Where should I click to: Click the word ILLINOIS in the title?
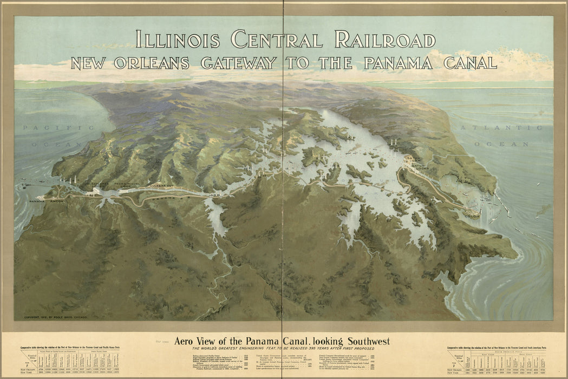177,40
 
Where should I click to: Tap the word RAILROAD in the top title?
384,40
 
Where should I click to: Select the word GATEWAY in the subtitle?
238,63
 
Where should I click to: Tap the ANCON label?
57,201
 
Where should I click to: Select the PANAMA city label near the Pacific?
37,201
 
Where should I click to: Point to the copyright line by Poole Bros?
55,317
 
